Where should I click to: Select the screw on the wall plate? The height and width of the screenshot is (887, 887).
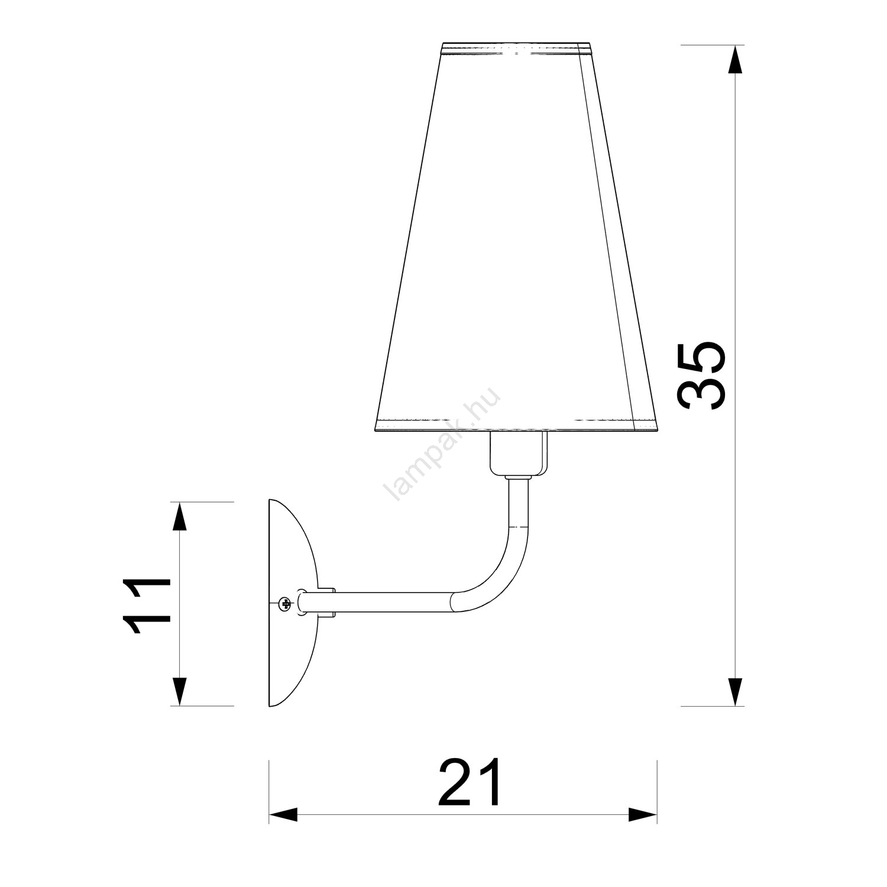285,604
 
